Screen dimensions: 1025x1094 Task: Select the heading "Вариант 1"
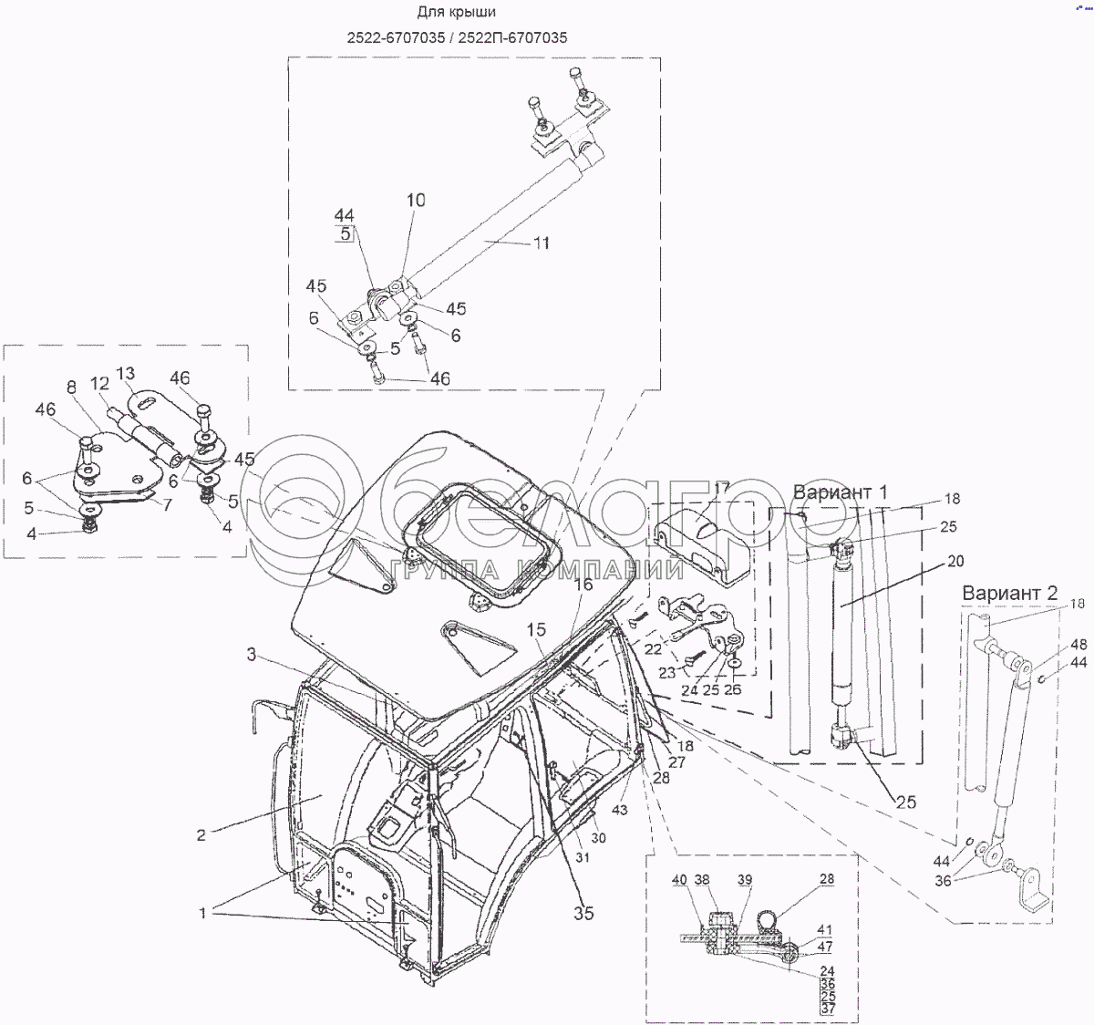click(x=841, y=492)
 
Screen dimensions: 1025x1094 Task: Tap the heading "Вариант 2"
click(x=1010, y=594)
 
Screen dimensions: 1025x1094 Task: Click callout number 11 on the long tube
click(x=542, y=243)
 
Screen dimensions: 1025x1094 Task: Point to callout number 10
click(x=416, y=201)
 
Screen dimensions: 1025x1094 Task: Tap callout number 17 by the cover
click(x=721, y=489)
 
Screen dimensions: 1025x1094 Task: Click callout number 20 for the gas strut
click(x=955, y=562)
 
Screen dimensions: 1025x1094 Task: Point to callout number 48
click(x=1079, y=645)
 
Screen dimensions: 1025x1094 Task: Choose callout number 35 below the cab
click(x=583, y=913)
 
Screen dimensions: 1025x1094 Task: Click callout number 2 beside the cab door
click(x=201, y=834)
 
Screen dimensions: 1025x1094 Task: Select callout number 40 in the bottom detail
click(x=679, y=880)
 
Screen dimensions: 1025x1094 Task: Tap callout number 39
click(x=745, y=880)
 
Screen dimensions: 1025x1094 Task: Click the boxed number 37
click(x=827, y=1009)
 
